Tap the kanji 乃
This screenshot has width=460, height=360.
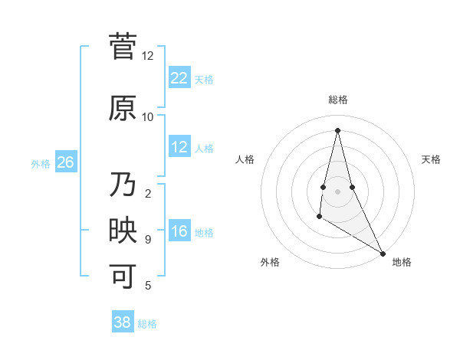(x=123, y=186)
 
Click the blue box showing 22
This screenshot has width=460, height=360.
(x=179, y=78)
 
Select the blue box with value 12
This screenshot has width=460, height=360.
(x=179, y=147)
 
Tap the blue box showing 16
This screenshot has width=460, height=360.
(x=179, y=231)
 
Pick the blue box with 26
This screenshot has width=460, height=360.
(x=65, y=162)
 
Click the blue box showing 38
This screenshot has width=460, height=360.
(x=122, y=322)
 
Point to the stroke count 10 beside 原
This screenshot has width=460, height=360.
(x=147, y=116)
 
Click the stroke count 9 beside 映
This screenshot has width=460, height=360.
(x=147, y=240)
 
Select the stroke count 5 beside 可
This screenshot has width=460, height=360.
(x=147, y=286)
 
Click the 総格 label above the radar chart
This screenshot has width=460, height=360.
(x=337, y=100)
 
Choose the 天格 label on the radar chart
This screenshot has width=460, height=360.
(x=431, y=159)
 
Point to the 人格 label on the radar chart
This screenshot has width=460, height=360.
(x=245, y=159)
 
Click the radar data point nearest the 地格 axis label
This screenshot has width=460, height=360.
(x=383, y=254)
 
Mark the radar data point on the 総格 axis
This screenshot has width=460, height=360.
(x=337, y=129)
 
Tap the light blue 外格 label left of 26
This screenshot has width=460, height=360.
(x=41, y=163)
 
